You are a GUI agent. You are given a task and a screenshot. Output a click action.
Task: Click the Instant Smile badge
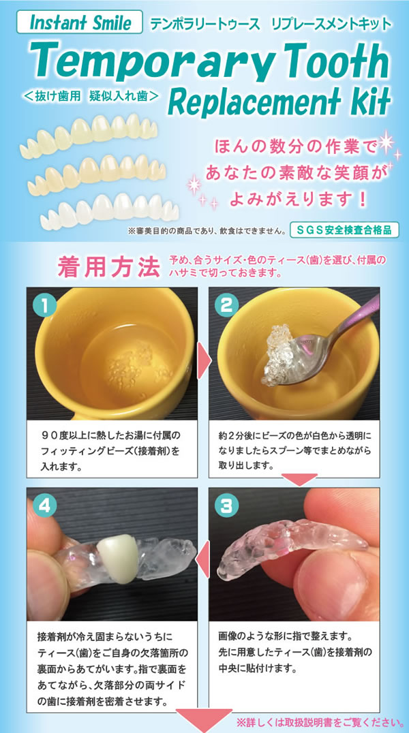tap(80, 22)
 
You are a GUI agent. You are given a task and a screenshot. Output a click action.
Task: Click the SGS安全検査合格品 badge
tap(344, 230)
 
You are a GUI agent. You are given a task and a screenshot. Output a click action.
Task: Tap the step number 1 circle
tap(45, 306)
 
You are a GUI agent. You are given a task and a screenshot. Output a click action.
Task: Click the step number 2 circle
tap(226, 306)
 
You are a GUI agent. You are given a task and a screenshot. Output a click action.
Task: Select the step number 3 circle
tap(226, 505)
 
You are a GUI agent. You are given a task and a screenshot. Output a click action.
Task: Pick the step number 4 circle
tap(45, 505)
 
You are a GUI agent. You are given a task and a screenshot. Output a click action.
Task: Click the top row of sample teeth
tap(89, 135)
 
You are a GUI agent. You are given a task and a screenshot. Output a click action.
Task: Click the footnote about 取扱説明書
tap(320, 722)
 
